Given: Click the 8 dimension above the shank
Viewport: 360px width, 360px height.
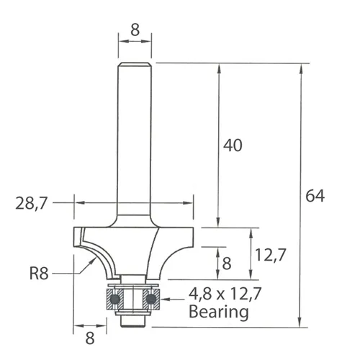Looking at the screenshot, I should click(x=135, y=31).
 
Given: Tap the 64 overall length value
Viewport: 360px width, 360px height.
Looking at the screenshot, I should click(x=315, y=195).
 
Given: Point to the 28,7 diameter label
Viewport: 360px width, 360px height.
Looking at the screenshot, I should click(x=32, y=204).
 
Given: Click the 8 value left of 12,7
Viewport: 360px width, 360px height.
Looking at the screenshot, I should click(x=227, y=264).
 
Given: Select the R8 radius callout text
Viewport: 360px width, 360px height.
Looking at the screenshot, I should click(x=40, y=273).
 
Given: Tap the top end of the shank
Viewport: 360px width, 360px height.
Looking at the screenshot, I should click(x=135, y=65).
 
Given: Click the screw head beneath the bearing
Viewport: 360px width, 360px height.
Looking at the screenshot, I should click(x=134, y=319).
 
